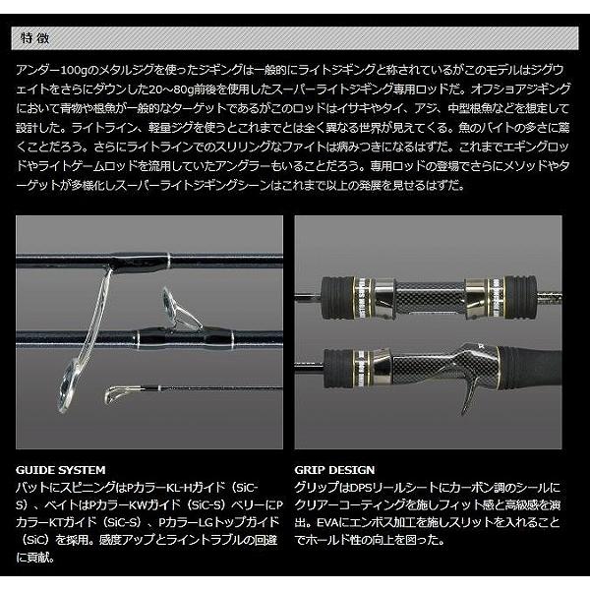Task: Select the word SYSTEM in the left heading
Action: pyautogui.click(x=83, y=470)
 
